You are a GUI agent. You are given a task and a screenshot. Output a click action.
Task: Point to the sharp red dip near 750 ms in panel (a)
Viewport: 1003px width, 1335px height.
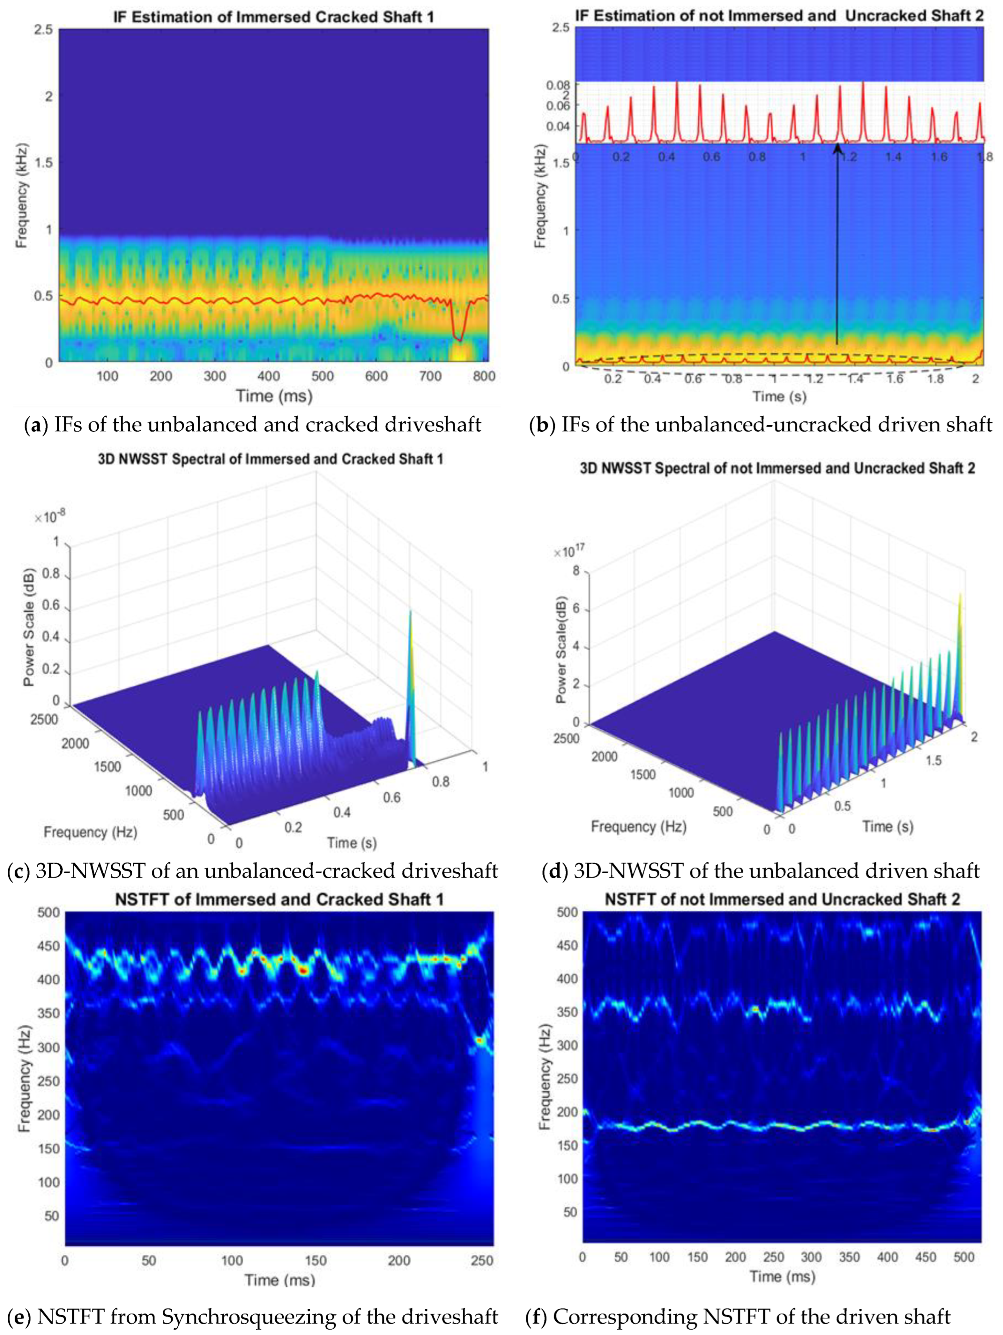(460, 339)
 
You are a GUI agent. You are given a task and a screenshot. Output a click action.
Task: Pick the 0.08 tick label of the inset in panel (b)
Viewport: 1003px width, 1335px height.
(558, 85)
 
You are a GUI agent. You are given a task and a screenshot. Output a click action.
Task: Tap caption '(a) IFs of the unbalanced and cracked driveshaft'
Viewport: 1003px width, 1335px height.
(252, 425)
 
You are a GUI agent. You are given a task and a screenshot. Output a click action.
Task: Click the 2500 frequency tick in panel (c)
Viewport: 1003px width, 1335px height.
(44, 720)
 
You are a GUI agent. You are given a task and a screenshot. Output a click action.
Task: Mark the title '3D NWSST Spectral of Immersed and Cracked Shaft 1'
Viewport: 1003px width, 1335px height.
(270, 459)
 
